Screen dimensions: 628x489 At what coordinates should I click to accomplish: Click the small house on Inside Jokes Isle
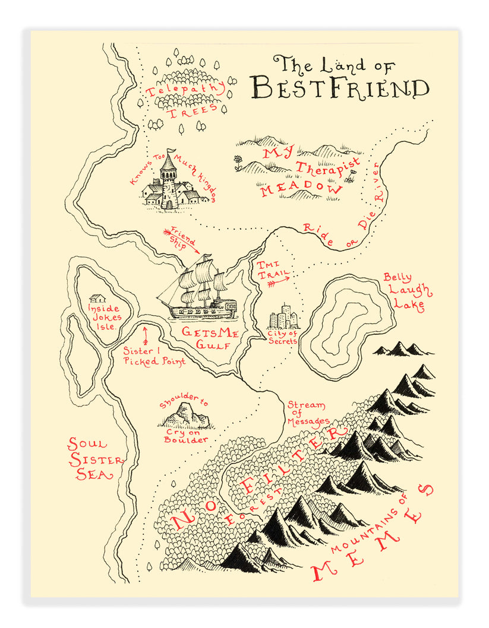tap(97, 299)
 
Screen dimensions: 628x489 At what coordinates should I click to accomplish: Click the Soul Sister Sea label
tap(95, 459)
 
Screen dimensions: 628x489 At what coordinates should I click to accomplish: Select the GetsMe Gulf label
tap(209, 338)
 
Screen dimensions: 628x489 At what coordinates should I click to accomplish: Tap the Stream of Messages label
tap(307, 413)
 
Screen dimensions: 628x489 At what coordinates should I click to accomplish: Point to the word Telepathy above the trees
tap(185, 89)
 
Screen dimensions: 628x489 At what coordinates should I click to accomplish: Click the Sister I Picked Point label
tap(154, 356)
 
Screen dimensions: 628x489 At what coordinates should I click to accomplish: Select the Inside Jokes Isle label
tap(103, 317)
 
